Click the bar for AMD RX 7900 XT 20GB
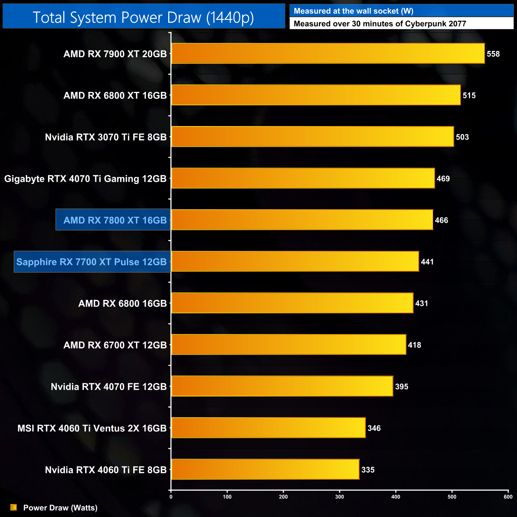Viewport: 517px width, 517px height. point(328,53)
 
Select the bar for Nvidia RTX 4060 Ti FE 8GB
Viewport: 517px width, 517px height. point(265,469)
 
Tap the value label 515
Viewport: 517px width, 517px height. point(469,95)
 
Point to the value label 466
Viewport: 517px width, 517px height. point(441,220)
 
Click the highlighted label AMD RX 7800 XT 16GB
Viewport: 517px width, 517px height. point(115,220)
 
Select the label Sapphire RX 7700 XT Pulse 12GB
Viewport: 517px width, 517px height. point(91,262)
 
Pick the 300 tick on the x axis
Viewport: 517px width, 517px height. point(340,497)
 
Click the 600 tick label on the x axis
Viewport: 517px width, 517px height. point(508,497)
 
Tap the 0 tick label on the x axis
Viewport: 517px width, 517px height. point(171,497)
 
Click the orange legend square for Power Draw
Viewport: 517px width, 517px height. point(14,507)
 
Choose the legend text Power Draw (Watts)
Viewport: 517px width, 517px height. point(60,508)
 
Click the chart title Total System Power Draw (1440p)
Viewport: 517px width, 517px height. point(143,17)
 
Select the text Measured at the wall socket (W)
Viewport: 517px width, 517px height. point(354,11)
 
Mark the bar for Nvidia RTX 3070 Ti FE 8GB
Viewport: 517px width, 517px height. point(312,137)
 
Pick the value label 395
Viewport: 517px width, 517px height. point(402,387)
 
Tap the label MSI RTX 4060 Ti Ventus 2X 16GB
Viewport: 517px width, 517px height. point(92,428)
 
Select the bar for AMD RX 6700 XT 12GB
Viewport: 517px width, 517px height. point(289,345)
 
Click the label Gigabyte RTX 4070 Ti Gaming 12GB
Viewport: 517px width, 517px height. point(86,179)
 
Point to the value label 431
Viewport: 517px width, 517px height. point(422,303)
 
